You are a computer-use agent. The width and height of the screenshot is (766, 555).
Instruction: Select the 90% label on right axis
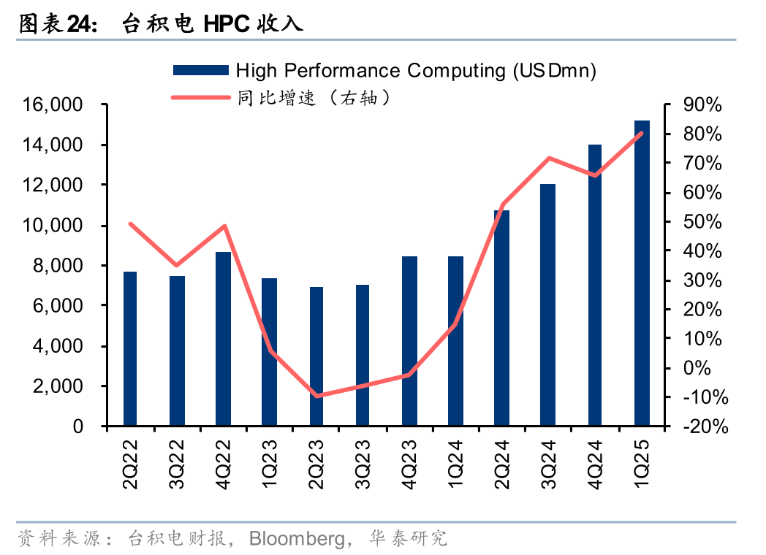pyautogui.click(x=702, y=105)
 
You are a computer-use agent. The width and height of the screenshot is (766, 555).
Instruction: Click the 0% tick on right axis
pyautogui.click(x=697, y=368)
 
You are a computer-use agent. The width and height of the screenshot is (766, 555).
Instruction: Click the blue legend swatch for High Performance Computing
pyautogui.click(x=200, y=70)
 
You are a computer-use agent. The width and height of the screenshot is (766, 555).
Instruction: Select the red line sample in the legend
pyautogui.click(x=200, y=96)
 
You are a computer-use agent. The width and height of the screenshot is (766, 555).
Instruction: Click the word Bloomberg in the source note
pyautogui.click(x=297, y=539)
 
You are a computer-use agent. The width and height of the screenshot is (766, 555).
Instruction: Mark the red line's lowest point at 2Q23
pyautogui.click(x=316, y=397)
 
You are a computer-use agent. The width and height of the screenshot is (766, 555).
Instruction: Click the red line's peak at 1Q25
pyautogui.click(x=642, y=133)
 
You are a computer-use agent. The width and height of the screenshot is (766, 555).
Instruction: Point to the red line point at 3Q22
pyautogui.click(x=176, y=265)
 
